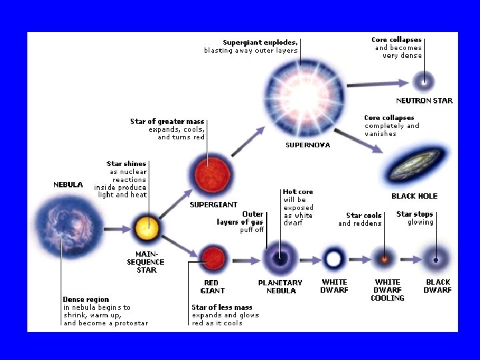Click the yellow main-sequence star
pos(146,229)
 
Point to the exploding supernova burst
pos(304,91)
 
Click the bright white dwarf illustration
pos(333,258)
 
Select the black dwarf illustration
pos(437,259)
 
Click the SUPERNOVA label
pos(307,145)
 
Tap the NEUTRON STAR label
pos(424,101)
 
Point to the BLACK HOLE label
pos(414,196)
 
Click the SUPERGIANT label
pos(213,205)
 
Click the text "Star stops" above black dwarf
pos(415,214)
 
